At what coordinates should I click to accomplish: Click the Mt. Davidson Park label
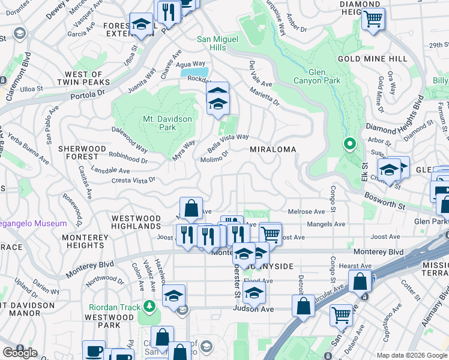click(167, 123)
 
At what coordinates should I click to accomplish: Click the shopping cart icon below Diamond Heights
click(373, 19)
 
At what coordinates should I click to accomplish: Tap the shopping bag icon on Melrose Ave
click(191, 209)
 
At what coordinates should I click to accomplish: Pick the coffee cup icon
click(93, 350)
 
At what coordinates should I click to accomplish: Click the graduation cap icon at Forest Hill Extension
click(141, 25)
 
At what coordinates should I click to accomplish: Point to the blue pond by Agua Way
click(194, 73)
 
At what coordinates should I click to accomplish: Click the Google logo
click(20, 352)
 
